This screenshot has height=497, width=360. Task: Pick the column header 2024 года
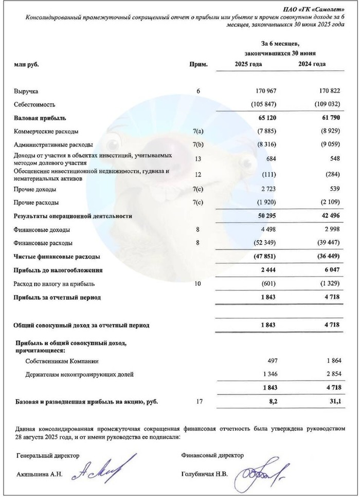[x=312, y=64]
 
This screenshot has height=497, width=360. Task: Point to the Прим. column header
[x=199, y=64]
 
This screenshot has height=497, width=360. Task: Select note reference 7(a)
[x=199, y=131]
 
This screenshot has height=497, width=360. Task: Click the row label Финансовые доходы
[x=42, y=229]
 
